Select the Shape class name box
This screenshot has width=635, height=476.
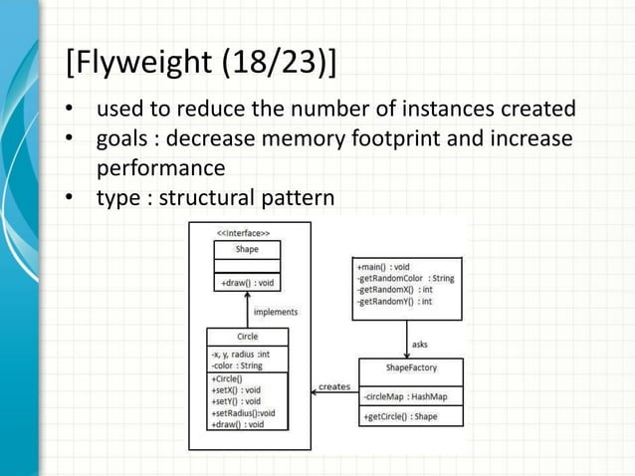pyautogui.click(x=247, y=249)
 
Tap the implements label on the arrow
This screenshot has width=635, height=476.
pyautogui.click(x=274, y=312)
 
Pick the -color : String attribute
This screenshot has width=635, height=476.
pyautogui.click(x=237, y=365)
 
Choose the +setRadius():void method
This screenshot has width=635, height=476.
pyautogui.click(x=243, y=412)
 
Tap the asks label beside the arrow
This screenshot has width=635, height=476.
pyautogui.click(x=420, y=344)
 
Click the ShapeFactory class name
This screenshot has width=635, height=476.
pyautogui.click(x=411, y=367)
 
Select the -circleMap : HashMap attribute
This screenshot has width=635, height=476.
pyautogui.click(x=405, y=396)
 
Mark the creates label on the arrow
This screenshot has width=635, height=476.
pyautogui.click(x=334, y=386)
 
